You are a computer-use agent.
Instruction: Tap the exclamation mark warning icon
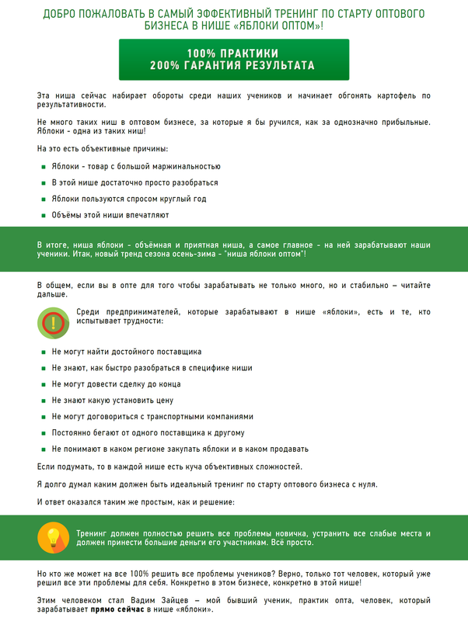tap(53, 321)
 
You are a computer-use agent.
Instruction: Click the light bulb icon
tap(53, 538)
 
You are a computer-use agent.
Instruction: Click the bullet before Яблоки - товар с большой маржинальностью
tap(43, 166)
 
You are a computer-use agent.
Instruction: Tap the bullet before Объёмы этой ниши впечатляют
tap(43, 215)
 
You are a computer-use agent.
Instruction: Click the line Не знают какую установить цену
tap(112, 401)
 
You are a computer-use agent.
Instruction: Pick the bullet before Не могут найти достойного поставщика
tap(43, 352)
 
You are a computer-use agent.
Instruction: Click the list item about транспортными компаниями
tap(152, 416)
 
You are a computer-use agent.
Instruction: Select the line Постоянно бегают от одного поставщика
tap(148, 432)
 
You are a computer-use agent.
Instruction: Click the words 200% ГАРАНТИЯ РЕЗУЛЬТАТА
tap(233, 66)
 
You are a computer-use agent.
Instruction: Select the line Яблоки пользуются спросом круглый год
tap(129, 199)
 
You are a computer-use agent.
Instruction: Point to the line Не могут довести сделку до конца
tap(116, 384)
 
